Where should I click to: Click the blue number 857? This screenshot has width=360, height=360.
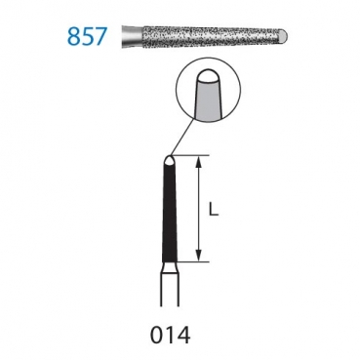point(87,36)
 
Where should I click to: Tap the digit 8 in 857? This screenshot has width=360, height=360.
point(73,36)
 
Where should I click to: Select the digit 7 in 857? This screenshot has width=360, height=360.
point(100,36)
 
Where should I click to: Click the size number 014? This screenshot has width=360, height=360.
point(170,335)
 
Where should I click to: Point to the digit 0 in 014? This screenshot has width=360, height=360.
point(157,335)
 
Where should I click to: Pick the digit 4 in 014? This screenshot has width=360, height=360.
point(183,335)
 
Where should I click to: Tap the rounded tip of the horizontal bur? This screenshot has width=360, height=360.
point(284,35)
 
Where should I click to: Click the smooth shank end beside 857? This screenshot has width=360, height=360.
point(132,36)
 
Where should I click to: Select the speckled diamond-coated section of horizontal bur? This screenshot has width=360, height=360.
point(212,35)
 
